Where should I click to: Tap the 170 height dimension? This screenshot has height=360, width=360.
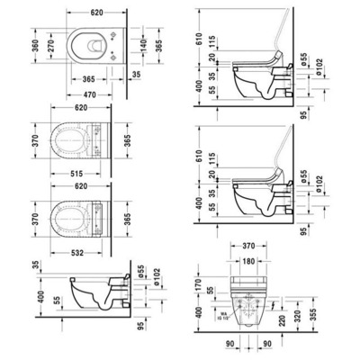coord(198,287)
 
